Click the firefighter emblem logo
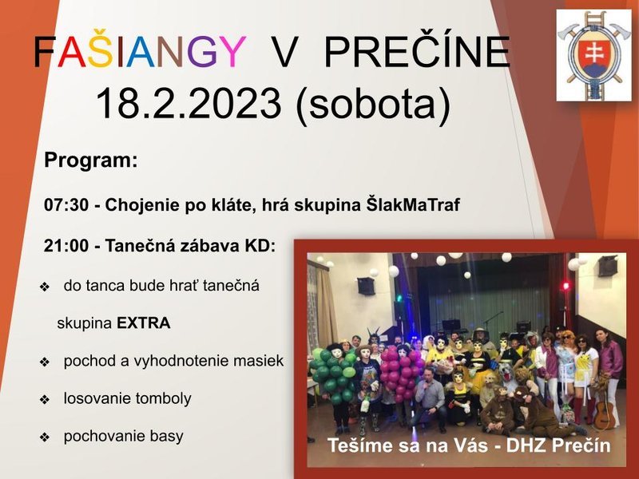point(593,55)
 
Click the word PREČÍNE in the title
point(417,52)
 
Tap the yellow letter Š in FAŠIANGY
point(101,50)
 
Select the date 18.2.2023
point(189,103)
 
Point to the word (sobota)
point(373,105)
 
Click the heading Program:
point(91,160)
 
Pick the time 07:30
point(66,205)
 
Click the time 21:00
point(66,246)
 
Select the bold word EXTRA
point(144,323)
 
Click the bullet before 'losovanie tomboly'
point(45,400)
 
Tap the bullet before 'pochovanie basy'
point(45,437)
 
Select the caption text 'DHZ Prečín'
point(558,445)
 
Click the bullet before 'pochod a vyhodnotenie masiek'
point(45,362)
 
